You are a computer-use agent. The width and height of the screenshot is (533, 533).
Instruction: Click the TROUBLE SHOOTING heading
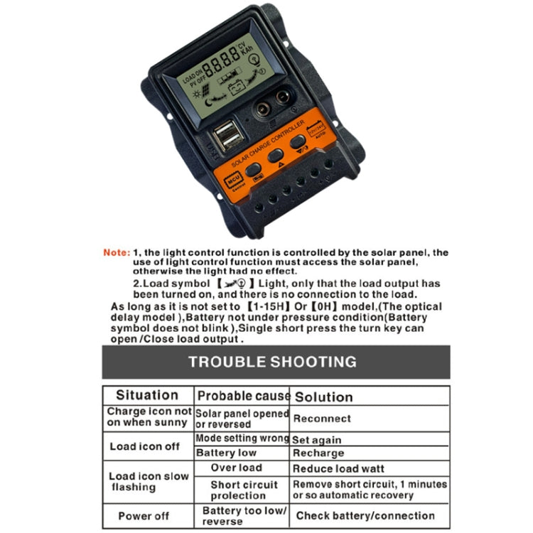[x=272, y=362]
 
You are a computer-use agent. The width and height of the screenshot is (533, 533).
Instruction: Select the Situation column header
[x=147, y=395]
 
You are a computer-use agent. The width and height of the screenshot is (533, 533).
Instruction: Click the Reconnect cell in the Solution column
[x=322, y=419]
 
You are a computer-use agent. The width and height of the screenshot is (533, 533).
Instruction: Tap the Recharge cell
[x=318, y=453]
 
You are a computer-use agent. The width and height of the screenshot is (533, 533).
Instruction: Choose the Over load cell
[x=236, y=468]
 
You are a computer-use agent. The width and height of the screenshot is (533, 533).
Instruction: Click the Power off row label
[x=144, y=516]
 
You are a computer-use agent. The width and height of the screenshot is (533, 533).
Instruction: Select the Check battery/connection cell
[x=365, y=516]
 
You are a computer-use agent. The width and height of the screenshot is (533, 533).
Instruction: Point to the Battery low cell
[x=225, y=453]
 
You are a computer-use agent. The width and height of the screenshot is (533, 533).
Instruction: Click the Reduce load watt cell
[x=338, y=468]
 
